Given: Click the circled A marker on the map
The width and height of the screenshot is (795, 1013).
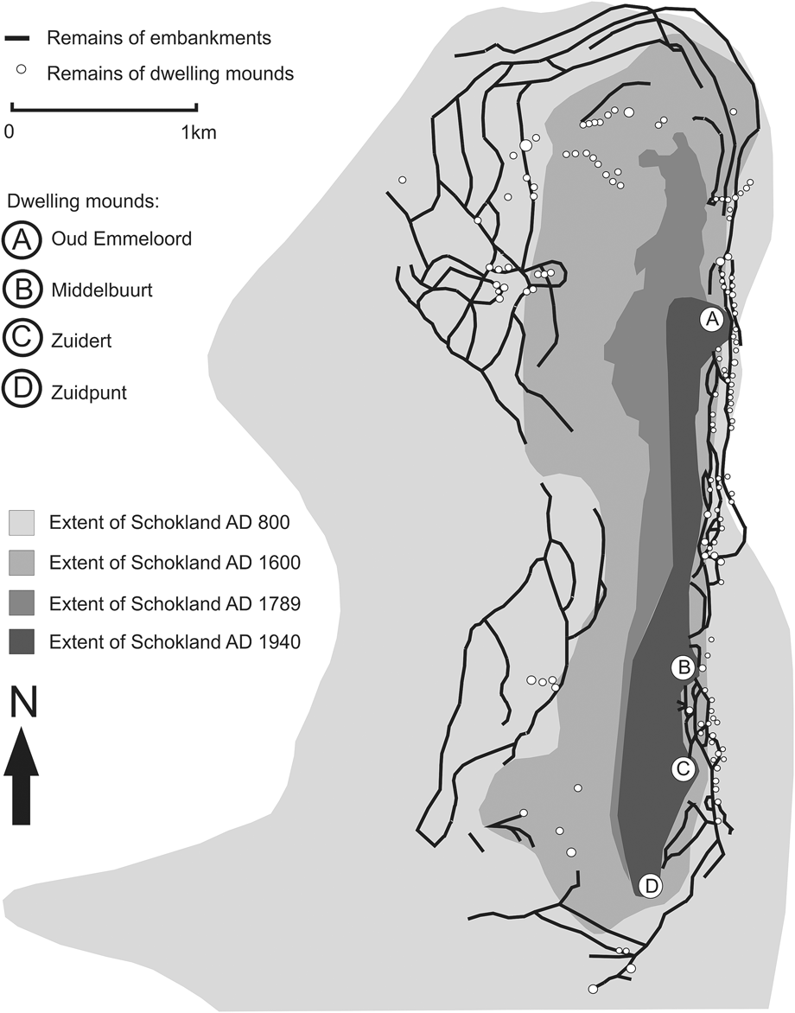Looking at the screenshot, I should coord(711,319).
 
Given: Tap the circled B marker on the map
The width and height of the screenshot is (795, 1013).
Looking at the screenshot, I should coord(683,667).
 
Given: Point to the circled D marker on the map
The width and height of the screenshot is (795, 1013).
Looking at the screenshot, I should coord(651,885).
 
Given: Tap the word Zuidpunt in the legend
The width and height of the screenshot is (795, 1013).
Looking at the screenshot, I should coord(89,392).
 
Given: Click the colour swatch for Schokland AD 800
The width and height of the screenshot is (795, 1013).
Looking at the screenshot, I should coord(22,522).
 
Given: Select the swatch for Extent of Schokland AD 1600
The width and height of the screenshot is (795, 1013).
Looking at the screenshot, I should coord(22,563).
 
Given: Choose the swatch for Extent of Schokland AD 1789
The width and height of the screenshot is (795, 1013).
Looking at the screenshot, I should coord(22,602).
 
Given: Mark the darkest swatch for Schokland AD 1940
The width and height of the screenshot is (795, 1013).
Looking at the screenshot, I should coord(22,642).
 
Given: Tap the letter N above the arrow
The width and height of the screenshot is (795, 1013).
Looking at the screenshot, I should coord(24,702).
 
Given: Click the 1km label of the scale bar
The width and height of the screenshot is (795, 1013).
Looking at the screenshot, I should coord(198,133).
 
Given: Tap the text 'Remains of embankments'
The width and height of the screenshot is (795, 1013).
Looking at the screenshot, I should coord(159,38).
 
